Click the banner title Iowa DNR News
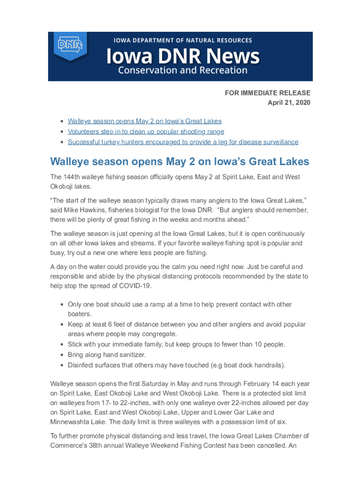tap(183, 57)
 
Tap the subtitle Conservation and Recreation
tap(182, 71)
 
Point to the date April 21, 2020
tap(288, 102)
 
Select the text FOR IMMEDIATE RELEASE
tap(267, 93)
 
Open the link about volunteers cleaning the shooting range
tap(146, 131)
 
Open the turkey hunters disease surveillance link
tap(183, 142)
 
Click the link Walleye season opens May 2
tap(144, 121)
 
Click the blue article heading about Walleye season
tap(180, 162)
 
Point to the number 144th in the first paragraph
tap(72, 177)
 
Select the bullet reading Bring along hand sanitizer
tap(107, 355)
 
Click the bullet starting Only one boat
tap(180, 305)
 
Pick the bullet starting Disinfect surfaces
tap(176, 365)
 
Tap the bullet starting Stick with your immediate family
tap(176, 344)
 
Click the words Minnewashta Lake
tap(76, 422)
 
